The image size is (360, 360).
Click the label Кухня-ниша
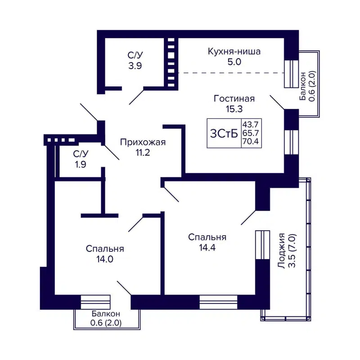tap(234, 51)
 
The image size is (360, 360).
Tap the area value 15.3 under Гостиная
tap(234, 108)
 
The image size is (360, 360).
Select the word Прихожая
tap(143, 142)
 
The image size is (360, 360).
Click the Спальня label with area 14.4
tap(207, 237)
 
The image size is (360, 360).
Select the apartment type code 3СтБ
tap(223, 133)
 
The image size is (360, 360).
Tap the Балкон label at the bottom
tap(105, 313)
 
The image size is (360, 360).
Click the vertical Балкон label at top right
tap(308, 85)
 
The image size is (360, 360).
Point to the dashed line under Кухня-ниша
tap(229, 73)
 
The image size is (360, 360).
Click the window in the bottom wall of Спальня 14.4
tap(218, 302)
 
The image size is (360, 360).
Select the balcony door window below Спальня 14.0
tap(95, 302)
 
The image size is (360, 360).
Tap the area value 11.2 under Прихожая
tap(143, 152)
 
